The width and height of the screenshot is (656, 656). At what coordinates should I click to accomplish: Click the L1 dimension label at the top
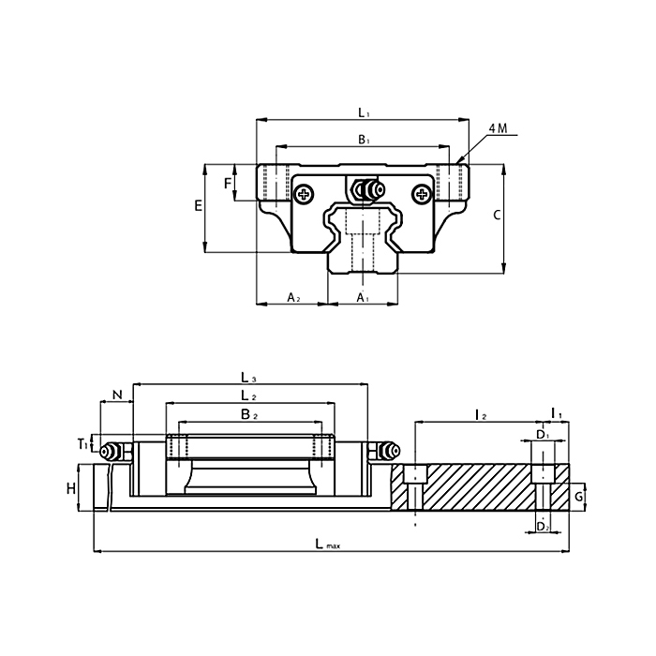coord(364,112)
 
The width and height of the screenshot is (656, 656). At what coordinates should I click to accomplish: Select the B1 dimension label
coord(364,140)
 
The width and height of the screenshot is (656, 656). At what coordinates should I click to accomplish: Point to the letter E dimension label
coord(198,206)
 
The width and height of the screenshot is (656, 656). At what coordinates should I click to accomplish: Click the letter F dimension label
coord(227,183)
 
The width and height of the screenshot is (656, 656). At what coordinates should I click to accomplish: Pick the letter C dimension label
coord(497,216)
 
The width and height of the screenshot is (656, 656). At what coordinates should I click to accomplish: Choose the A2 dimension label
coord(292,297)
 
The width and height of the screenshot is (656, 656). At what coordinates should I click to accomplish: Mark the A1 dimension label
coord(364,297)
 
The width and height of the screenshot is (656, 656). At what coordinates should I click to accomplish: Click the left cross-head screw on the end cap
coord(304,194)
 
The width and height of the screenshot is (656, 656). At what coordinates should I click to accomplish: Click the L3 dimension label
coord(249,378)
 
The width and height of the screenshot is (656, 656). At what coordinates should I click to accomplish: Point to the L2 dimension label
coord(247,395)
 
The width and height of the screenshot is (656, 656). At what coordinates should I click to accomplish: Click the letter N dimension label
coord(116,395)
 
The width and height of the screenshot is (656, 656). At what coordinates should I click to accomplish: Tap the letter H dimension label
coord(71,488)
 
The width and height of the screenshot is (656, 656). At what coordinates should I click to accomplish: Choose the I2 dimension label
coord(479,413)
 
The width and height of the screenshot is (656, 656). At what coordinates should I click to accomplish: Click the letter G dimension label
coord(579,495)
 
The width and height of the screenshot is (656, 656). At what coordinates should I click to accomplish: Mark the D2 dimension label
coord(542,528)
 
